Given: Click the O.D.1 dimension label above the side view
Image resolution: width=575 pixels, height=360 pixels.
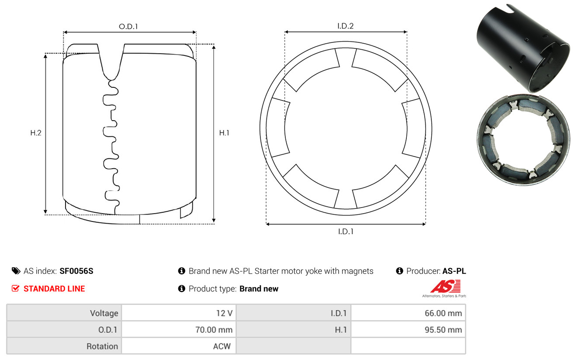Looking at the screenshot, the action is pyautogui.click(x=128, y=26).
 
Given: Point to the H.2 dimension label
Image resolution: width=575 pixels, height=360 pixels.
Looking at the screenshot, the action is pyautogui.click(x=36, y=133).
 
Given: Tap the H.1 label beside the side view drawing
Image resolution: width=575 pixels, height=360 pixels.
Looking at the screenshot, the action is pyautogui.click(x=224, y=133).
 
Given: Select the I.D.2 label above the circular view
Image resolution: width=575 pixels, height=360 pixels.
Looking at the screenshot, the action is pyautogui.click(x=345, y=26).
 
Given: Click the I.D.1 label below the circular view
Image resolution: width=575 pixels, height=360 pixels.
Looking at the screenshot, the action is pyautogui.click(x=346, y=232).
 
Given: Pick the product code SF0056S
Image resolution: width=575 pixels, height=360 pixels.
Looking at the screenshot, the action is pyautogui.click(x=76, y=271).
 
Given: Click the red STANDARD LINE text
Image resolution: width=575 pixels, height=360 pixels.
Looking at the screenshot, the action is pyautogui.click(x=54, y=289).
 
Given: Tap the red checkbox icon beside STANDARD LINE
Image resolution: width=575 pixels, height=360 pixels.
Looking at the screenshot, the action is pyautogui.click(x=16, y=288).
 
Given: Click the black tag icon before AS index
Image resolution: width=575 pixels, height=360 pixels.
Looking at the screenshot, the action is pyautogui.click(x=16, y=271).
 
